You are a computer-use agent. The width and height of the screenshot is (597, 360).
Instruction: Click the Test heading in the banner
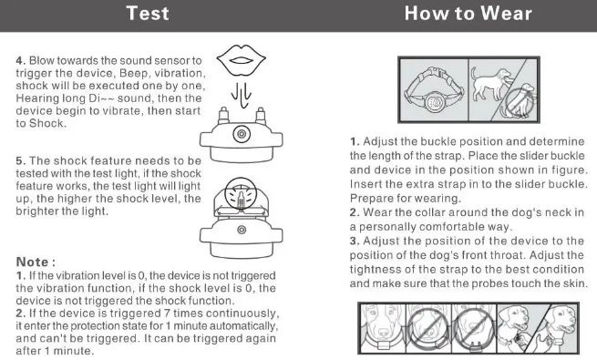pos(148,14)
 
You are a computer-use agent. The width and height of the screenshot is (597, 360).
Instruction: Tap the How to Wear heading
pos(468,14)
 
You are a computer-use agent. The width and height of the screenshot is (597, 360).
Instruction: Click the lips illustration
pos(241,60)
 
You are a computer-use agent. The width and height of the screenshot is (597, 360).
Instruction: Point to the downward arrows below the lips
pos(242,95)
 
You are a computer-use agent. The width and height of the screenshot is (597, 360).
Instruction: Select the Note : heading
pos(36,262)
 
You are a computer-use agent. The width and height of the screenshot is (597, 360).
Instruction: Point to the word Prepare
pos(370,199)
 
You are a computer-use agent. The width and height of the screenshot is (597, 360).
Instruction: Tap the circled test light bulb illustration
pos(241,195)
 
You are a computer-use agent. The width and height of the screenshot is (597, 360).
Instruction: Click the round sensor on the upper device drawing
pos(242,134)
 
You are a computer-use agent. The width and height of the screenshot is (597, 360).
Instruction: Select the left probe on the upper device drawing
pos(223,116)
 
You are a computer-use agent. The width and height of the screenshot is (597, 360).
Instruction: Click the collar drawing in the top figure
pos(434,90)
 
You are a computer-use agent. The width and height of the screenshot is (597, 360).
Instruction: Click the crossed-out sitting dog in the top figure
pos(519,100)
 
